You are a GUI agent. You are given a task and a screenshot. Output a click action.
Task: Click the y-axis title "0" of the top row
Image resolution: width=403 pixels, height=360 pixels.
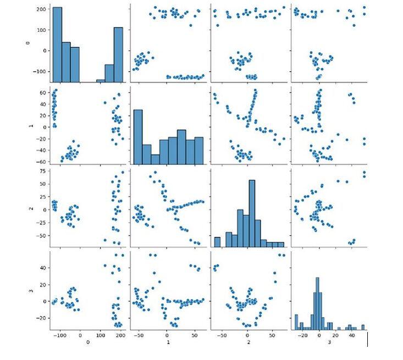click(x=29, y=43)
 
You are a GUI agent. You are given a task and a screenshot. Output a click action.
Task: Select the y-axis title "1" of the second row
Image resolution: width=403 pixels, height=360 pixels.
click(x=29, y=126)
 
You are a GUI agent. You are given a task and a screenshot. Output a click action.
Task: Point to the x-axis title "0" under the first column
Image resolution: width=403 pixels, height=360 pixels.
click(x=89, y=343)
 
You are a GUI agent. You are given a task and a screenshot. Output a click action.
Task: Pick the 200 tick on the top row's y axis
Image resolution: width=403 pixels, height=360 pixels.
click(x=40, y=9)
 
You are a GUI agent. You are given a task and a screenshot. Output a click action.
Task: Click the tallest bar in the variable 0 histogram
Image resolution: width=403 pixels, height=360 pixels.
click(x=57, y=44)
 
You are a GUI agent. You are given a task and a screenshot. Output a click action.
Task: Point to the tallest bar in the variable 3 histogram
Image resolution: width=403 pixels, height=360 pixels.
click(x=317, y=302)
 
